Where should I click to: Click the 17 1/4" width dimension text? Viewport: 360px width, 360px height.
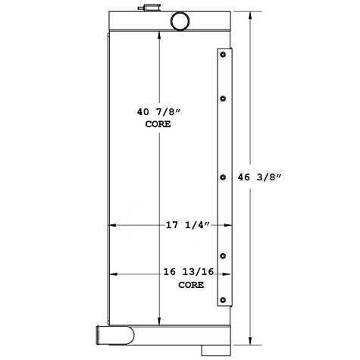186,225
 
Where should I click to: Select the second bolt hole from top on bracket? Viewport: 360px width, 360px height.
224,99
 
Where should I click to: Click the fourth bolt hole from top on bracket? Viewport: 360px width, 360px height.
224,255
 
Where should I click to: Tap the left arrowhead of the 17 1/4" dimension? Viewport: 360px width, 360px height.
112,225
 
